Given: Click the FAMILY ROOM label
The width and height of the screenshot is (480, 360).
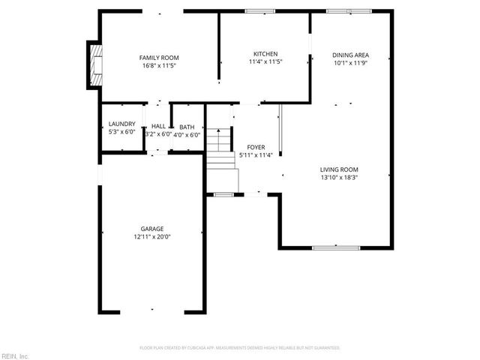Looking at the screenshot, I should pyautogui.click(x=158, y=58).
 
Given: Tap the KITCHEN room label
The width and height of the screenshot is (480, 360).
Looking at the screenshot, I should pyautogui.click(x=265, y=54).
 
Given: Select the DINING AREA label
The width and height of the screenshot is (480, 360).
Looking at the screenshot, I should pyautogui.click(x=350, y=55).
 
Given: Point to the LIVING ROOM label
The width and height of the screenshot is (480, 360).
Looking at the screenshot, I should pyautogui.click(x=339, y=169).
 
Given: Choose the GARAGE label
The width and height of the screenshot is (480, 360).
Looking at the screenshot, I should pyautogui.click(x=152, y=229).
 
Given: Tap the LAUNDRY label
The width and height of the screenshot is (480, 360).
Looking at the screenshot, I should pyautogui.click(x=121, y=124).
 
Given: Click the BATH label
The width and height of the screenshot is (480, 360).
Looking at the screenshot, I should pyautogui.click(x=186, y=127).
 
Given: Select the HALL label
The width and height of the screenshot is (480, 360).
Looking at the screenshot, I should pyautogui.click(x=158, y=126).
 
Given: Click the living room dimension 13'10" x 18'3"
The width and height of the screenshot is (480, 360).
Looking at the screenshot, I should pyautogui.click(x=339, y=178).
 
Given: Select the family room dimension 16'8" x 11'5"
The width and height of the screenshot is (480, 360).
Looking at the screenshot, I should pyautogui.click(x=158, y=66).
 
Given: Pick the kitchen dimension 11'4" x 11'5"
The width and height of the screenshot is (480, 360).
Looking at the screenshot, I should pyautogui.click(x=265, y=62).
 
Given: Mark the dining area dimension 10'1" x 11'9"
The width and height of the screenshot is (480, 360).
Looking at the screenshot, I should pyautogui.click(x=350, y=64).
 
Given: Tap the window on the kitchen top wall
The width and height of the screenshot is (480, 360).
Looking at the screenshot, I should pyautogui.click(x=260, y=11).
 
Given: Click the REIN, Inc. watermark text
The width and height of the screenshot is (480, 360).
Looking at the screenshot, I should pyautogui.click(x=14, y=355).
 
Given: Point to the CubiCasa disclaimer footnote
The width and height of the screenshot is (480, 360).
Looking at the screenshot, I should pyautogui.click(x=240, y=348).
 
